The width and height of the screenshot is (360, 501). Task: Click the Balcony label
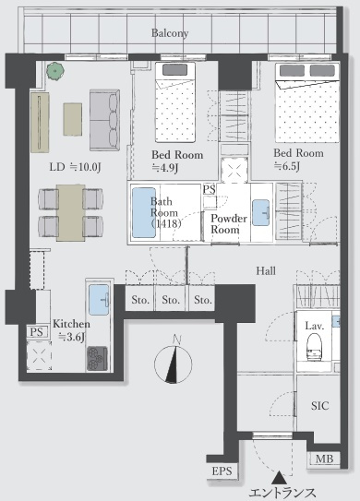(x=170, y=33)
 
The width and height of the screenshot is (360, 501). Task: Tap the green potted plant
(x=55, y=71)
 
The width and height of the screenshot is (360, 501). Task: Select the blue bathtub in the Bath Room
(x=144, y=212)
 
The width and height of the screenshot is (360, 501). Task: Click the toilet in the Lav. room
(x=315, y=347)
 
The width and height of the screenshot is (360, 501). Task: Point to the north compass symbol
(x=174, y=360)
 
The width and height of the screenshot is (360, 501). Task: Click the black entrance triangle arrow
(x=279, y=478)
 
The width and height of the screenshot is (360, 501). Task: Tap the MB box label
(x=324, y=459)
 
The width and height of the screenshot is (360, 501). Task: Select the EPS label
(x=222, y=471)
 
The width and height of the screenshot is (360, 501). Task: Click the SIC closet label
(x=319, y=405)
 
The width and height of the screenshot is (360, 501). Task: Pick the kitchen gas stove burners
(x=97, y=359)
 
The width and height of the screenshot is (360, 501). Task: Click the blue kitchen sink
(x=99, y=300)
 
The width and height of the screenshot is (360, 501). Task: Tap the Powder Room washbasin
(x=260, y=212)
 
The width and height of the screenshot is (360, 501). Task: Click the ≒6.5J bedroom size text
(x=287, y=166)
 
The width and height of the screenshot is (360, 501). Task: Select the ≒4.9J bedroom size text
(x=164, y=168)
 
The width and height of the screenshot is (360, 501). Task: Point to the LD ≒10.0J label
(x=75, y=167)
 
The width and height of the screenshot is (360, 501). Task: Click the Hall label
(x=266, y=271)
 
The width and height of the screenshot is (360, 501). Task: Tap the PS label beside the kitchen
(x=36, y=332)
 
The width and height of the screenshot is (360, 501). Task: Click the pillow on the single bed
(x=174, y=70)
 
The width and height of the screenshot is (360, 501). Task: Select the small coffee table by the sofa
(x=73, y=119)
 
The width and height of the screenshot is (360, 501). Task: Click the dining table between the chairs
(x=71, y=213)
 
